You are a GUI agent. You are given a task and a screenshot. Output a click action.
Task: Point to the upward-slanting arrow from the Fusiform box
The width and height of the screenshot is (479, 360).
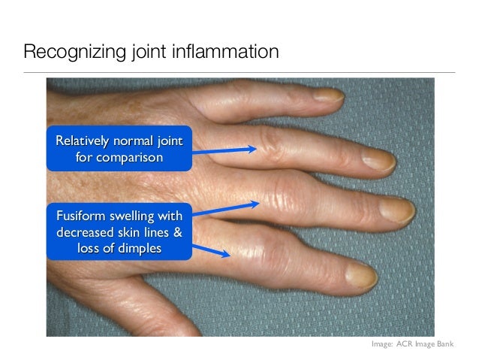pos(225,207)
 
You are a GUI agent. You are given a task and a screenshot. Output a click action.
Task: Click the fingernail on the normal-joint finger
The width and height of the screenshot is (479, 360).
pos(378,158)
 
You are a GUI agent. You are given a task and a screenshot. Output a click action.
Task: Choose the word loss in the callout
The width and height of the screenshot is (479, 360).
pos(89,248)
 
